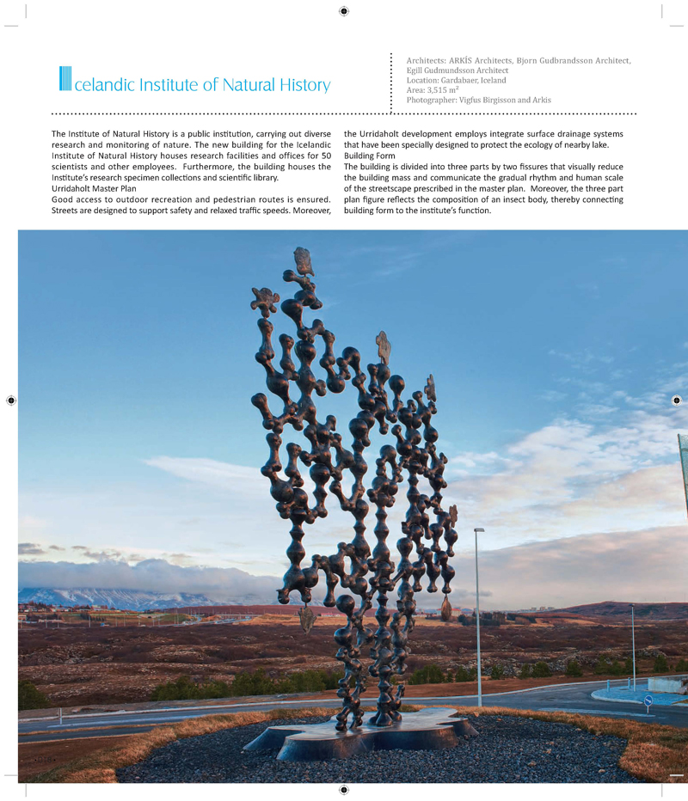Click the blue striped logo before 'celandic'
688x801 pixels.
[x=65, y=79]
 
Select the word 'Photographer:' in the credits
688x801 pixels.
[x=433, y=101]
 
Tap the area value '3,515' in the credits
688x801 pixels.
[x=445, y=90]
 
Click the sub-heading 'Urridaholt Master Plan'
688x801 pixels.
[x=94, y=188]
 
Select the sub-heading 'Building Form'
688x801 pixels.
[x=371, y=156]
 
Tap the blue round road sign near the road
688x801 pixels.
[x=648, y=700]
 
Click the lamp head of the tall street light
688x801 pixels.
[x=479, y=530]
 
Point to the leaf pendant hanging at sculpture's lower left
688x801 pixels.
[x=307, y=618]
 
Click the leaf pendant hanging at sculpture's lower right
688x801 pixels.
[x=446, y=609]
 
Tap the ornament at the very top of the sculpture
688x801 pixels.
[x=300, y=257]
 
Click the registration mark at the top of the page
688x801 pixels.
[x=344, y=11]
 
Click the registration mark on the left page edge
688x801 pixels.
[x=11, y=400]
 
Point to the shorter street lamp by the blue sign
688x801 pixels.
[x=633, y=645]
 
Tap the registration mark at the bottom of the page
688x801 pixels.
[x=344, y=790]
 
